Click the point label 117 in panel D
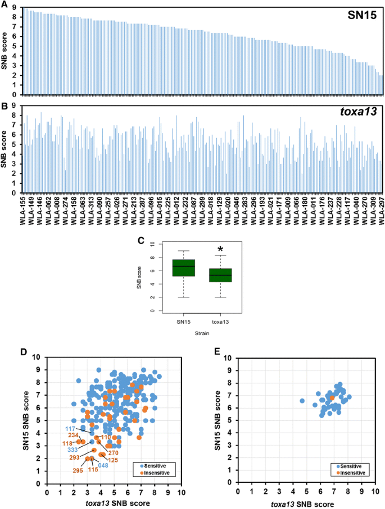[71, 429]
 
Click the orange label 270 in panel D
[112, 453]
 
